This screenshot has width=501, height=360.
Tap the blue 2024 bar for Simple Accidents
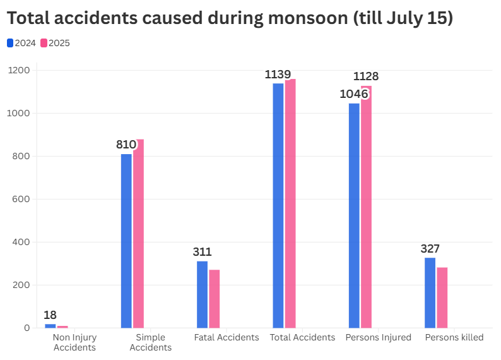126,241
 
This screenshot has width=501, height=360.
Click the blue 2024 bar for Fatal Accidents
202,294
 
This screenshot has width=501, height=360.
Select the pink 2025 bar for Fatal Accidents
215,299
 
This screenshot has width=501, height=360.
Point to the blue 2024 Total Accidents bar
278,205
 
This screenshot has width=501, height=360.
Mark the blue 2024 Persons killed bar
430,292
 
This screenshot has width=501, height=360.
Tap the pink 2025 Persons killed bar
442,297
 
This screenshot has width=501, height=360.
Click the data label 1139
278,75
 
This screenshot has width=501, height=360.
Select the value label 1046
353,94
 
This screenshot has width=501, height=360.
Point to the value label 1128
366,76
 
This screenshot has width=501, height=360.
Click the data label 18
50,315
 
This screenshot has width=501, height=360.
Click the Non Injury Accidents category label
74,342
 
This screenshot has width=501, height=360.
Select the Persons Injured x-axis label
378,337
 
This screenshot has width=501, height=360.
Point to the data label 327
430,249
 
